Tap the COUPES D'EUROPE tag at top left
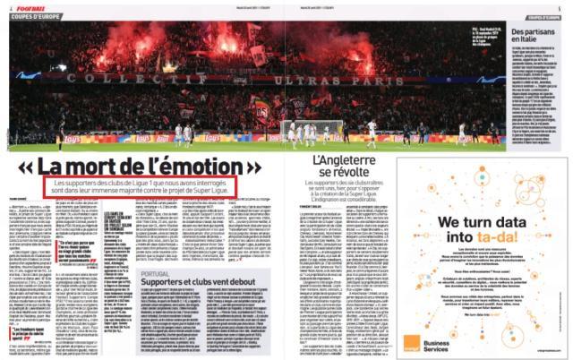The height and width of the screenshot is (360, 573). tap(31, 17)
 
